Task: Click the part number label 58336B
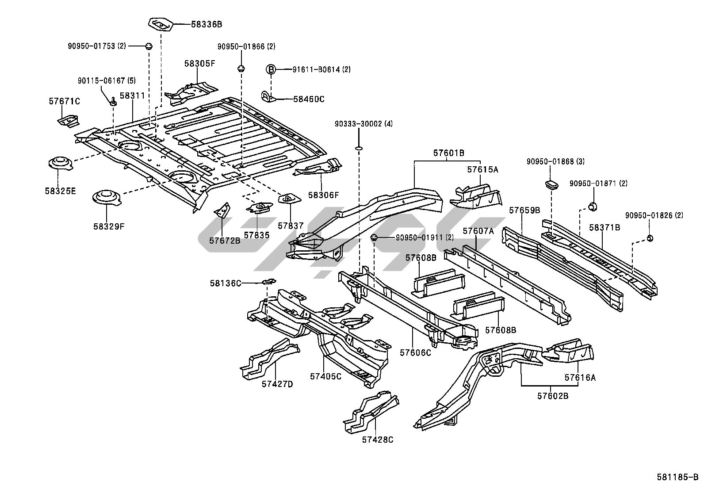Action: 207,24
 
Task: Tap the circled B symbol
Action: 271,69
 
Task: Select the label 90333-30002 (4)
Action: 363,124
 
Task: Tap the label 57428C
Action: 378,440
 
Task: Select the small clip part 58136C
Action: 269,281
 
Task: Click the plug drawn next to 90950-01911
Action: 374,237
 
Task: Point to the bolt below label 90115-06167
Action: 113,102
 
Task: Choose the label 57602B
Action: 553,396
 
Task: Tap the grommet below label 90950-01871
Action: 593,207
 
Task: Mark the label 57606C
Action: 415,353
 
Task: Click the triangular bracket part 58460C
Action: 268,97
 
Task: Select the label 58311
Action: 132,95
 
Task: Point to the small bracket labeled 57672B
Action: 222,210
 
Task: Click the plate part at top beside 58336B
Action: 161,24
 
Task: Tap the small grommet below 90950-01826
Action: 650,238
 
